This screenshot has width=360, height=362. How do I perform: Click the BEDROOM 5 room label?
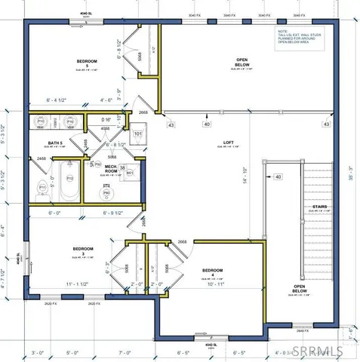[x=88, y=61]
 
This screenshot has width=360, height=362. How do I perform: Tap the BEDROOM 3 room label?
[x=83, y=250]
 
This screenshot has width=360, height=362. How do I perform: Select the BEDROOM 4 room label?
[x=212, y=270]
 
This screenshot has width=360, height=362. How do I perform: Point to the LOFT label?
[x=229, y=142]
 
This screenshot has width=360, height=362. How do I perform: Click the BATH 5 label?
[x=55, y=143]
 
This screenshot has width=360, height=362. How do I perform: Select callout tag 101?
[x=138, y=136]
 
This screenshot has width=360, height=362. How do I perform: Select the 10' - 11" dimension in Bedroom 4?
[x=214, y=284]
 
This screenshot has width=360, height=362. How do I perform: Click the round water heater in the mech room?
[x=106, y=193]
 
